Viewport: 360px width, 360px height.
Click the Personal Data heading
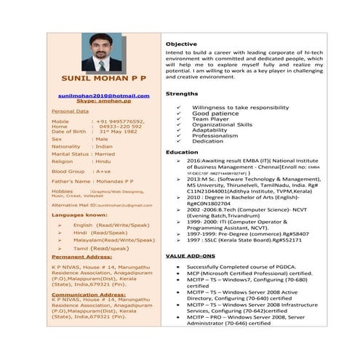pyautogui.click(x=71, y=111)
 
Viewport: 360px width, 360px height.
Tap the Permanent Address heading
pyautogui.click(x=82, y=257)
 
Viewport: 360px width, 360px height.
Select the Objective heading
pyautogui.click(x=181, y=44)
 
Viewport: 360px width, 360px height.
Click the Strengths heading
pyautogui.click(x=182, y=94)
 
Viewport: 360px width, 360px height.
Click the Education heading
pyautogui.click(x=182, y=152)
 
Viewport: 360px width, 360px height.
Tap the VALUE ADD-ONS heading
pyautogui.click(x=191, y=257)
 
